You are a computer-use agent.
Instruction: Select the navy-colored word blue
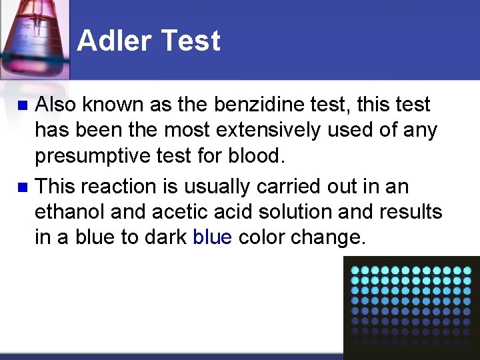[212, 238]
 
